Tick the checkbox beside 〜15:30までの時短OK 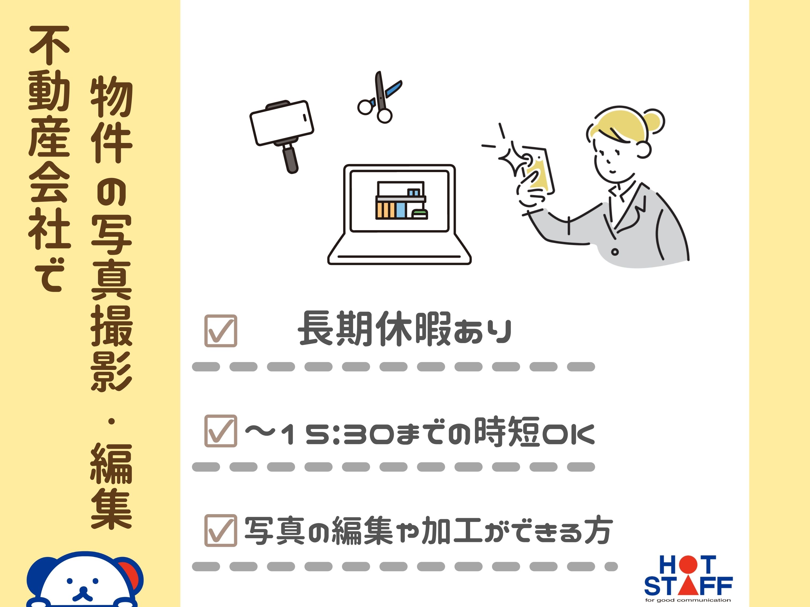tap(220, 431)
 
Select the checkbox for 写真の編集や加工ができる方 tap(220, 530)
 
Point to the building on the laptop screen tap(401, 200)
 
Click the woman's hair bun tap(654, 120)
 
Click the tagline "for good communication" tap(688, 600)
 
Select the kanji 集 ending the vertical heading tap(111, 510)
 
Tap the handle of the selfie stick tap(291, 158)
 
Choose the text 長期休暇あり tap(405, 329)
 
